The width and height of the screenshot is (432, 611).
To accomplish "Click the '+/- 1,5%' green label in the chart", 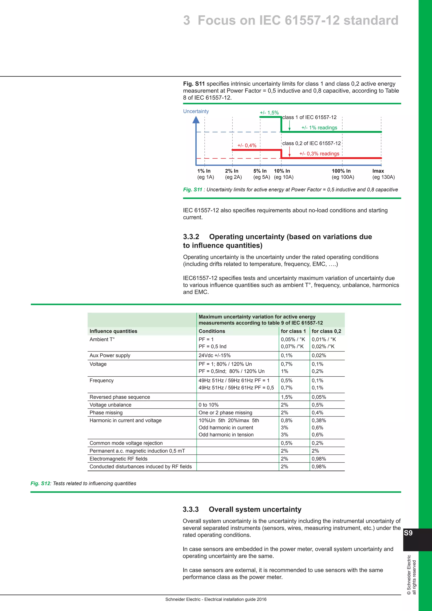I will (x=269, y=113).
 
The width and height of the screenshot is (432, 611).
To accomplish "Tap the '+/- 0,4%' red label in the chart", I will (x=247, y=146).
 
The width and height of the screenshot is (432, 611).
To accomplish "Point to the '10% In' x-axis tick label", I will (x=282, y=171).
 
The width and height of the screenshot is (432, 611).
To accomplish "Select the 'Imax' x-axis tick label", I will (x=378, y=171).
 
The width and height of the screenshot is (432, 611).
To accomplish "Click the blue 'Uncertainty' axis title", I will (x=196, y=111).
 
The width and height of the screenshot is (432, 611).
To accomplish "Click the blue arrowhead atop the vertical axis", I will (x=196, y=120).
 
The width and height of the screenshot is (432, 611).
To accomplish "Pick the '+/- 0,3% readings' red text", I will (x=319, y=154).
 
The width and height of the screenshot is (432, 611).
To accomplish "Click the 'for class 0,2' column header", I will (x=326, y=331).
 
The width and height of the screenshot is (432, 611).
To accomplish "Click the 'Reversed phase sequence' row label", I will (x=120, y=397).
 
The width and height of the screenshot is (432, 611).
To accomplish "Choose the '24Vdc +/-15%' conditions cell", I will (x=214, y=356).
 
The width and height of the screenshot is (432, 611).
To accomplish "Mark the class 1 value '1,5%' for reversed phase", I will (x=286, y=397).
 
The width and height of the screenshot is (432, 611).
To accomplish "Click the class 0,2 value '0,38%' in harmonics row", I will (x=319, y=420).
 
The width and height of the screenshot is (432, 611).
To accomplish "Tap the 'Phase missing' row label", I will (x=106, y=413).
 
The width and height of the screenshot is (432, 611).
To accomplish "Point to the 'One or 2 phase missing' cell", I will (x=225, y=413).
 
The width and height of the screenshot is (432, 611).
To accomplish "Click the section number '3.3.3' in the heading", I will (x=190, y=509).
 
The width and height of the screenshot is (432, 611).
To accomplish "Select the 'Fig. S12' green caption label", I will (x=40, y=484).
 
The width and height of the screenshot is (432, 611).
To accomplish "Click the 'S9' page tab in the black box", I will (x=408, y=533).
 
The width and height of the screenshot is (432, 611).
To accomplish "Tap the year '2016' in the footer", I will (x=262, y=600).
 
